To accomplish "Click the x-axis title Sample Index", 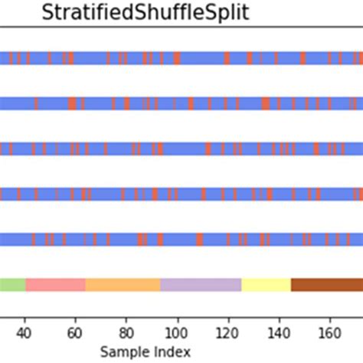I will [146, 351].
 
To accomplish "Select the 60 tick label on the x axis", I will [74, 333].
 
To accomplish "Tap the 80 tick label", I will [126, 333].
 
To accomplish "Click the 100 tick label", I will [177, 333].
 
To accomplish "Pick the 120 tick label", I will [227, 333].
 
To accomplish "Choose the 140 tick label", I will [279, 333].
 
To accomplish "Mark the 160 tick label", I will [329, 333].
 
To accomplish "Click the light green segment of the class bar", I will [12, 285].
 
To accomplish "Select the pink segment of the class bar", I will [55, 285].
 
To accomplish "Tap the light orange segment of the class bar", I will [123, 285].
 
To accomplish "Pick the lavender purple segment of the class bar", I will [201, 285].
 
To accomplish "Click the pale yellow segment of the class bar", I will [266, 285].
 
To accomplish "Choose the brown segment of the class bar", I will [326, 285].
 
